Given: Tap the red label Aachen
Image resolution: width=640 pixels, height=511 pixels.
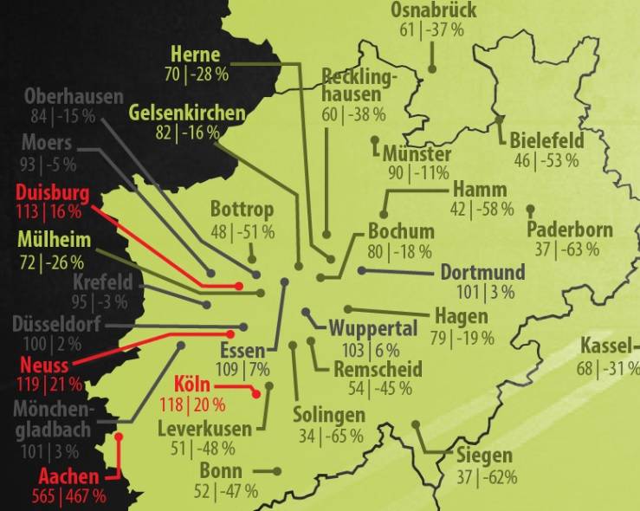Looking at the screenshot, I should point(69,476).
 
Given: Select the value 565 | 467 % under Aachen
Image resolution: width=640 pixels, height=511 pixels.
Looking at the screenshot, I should point(71,496).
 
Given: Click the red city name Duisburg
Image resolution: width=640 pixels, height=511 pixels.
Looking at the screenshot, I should point(52,192).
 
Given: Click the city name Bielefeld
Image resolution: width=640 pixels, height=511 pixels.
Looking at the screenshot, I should point(546,140).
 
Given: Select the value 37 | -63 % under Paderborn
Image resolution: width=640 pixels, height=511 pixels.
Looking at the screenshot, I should point(566,250).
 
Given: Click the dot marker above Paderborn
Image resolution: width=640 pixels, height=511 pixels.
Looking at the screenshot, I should point(530,209).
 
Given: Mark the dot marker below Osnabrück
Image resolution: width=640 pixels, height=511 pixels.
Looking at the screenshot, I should point(432,68).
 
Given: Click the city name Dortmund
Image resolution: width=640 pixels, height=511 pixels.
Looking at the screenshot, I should point(482,272).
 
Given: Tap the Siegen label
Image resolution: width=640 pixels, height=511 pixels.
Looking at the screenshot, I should point(485,456).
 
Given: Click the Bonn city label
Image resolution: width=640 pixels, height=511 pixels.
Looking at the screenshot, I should point(221,471).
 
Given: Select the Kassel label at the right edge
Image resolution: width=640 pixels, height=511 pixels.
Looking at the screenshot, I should point(610,342).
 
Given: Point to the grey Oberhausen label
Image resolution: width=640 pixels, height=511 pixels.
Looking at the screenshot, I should point(74,96).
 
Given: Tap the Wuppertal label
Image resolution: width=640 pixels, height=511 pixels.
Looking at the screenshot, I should point(373,330).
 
